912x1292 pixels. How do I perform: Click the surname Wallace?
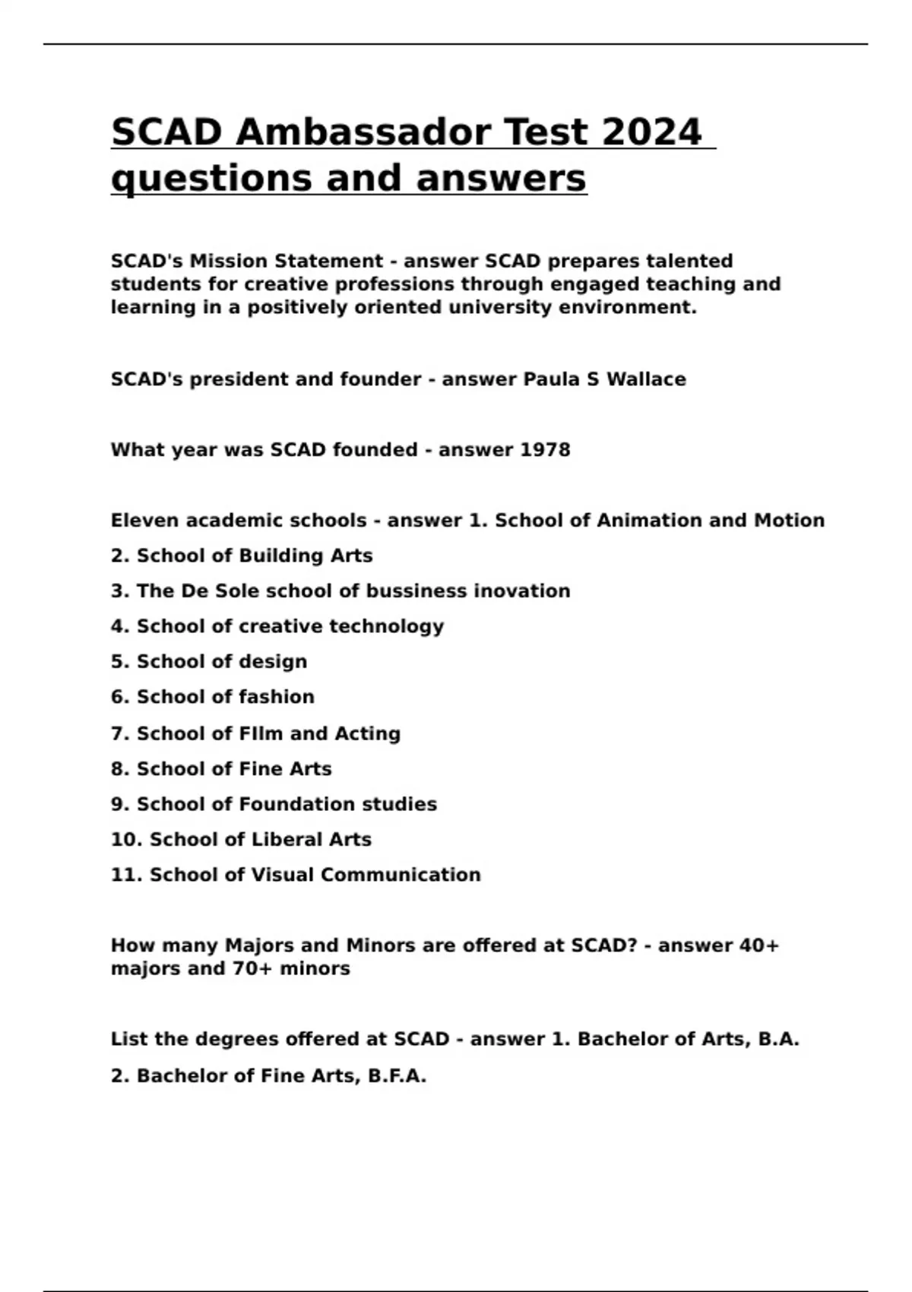[646, 379]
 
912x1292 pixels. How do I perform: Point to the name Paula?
[551, 379]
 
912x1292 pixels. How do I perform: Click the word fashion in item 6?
[277, 697]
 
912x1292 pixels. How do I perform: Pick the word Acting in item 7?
[368, 733]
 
